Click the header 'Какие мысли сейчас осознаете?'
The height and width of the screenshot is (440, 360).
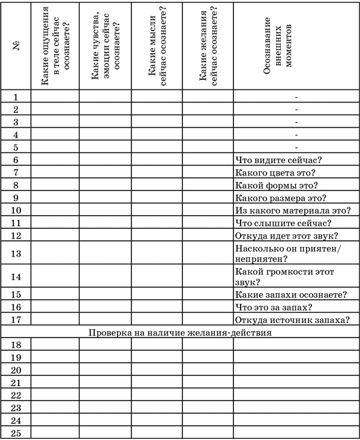point(157,47)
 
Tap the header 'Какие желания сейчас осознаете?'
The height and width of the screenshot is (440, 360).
point(208,47)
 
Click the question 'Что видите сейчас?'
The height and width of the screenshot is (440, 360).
point(279,160)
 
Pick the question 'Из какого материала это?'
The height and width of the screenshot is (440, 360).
point(293,210)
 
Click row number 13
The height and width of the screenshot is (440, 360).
point(16,254)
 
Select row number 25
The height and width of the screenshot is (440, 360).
point(16,433)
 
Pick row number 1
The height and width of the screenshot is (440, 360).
point(16,97)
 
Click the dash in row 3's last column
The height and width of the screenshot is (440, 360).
point(296,122)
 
